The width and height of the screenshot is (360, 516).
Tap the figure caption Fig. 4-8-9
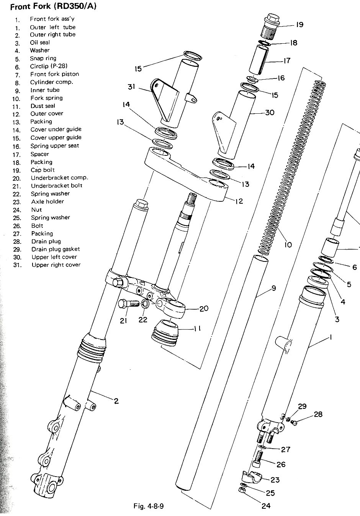click(x=149, y=506)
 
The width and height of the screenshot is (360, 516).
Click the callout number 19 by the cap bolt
click(x=299, y=24)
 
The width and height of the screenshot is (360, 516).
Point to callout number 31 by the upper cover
click(x=131, y=87)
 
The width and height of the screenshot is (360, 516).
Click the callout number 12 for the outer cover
click(x=239, y=201)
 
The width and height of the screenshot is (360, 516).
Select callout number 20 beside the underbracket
click(x=204, y=308)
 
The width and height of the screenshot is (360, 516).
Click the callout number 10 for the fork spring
click(x=288, y=245)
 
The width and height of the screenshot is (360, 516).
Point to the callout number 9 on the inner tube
click(x=273, y=288)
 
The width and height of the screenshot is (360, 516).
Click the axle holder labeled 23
click(x=252, y=477)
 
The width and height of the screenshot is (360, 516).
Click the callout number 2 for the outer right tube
click(x=116, y=401)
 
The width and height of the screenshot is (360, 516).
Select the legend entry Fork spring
click(x=46, y=98)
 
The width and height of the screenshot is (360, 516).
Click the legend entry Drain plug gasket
click(x=56, y=249)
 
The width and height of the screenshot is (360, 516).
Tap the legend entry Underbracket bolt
click(x=57, y=186)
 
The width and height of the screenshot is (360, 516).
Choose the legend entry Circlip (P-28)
click(x=49, y=66)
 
